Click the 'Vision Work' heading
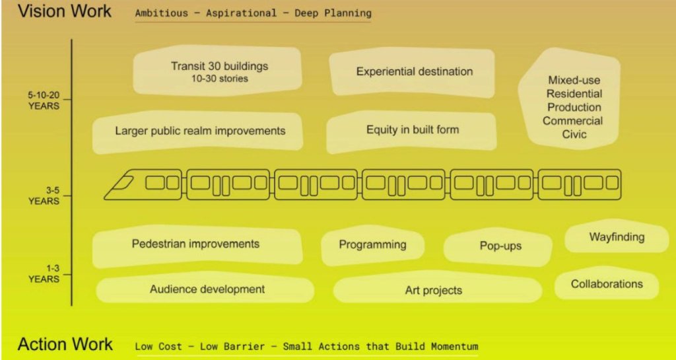click(64, 11)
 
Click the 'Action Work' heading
click(65, 345)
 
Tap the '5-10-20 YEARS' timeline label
click(44, 100)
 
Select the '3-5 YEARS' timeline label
click(44, 196)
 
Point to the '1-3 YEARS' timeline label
click(44, 273)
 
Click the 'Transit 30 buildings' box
click(217, 71)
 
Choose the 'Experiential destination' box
click(413, 72)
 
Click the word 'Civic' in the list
click(574, 134)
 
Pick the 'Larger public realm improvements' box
click(198, 131)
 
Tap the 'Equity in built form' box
click(412, 131)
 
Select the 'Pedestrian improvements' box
click(197, 246)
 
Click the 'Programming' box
click(373, 245)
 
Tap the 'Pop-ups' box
click(498, 246)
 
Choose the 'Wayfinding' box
click(617, 236)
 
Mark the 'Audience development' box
click(205, 289)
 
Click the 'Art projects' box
click(437, 289)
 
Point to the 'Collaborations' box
click(607, 283)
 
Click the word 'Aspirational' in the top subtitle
click(241, 13)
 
